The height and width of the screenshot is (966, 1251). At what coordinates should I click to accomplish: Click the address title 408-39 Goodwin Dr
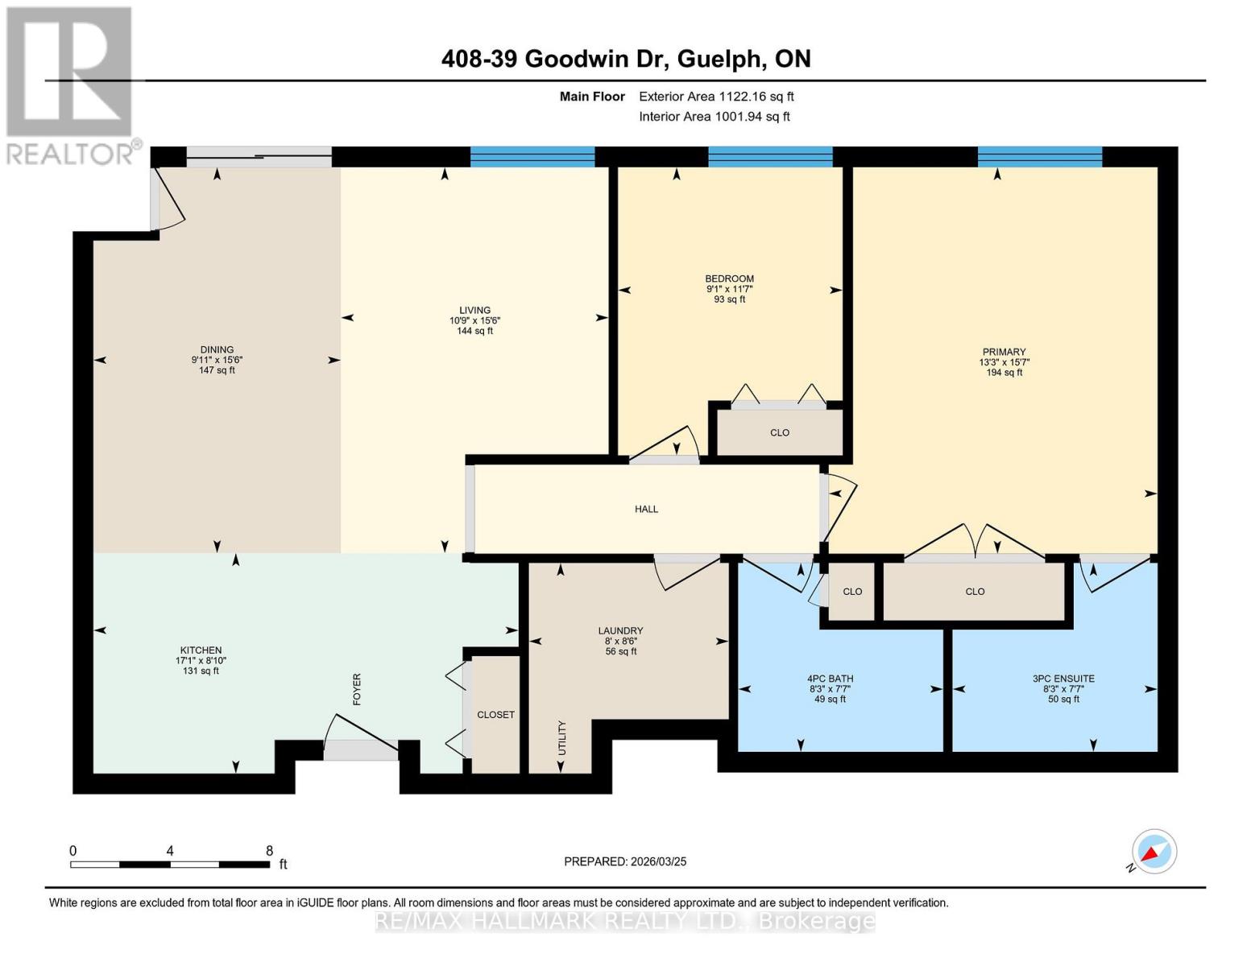click(x=626, y=59)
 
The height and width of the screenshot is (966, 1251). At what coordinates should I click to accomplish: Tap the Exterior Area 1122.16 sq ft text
click(x=715, y=97)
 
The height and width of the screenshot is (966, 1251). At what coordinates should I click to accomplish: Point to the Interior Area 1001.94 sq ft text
click(x=714, y=117)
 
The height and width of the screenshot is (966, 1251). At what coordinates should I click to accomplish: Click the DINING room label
click(x=217, y=350)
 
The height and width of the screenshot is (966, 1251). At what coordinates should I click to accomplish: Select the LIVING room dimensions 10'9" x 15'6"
click(x=474, y=320)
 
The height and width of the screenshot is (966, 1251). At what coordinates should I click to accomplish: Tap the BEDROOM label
click(x=729, y=279)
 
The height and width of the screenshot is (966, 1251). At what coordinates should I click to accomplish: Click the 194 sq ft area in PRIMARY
click(x=1004, y=373)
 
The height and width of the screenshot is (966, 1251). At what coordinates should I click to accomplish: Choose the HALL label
click(x=646, y=509)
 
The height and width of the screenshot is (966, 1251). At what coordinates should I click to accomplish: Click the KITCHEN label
click(x=201, y=650)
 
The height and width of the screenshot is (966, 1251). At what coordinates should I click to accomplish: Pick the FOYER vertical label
click(x=357, y=690)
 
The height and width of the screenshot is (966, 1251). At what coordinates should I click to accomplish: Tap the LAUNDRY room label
click(x=620, y=631)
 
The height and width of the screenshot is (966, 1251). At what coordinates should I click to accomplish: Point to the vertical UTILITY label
click(x=562, y=737)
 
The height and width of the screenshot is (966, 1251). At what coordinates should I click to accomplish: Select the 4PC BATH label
click(x=831, y=679)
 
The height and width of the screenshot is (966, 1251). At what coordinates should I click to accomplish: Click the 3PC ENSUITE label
click(x=1063, y=679)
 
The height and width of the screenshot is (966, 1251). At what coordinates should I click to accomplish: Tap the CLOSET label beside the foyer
click(x=495, y=715)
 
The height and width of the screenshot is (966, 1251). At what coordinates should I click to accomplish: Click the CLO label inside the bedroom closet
click(x=779, y=433)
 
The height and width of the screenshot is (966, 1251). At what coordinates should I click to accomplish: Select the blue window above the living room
click(x=532, y=157)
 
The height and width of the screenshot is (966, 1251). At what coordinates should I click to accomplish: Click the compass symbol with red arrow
click(x=1154, y=852)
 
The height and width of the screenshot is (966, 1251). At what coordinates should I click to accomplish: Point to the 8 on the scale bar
click(x=269, y=851)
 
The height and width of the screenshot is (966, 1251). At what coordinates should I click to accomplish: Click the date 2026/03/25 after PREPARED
click(x=658, y=861)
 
